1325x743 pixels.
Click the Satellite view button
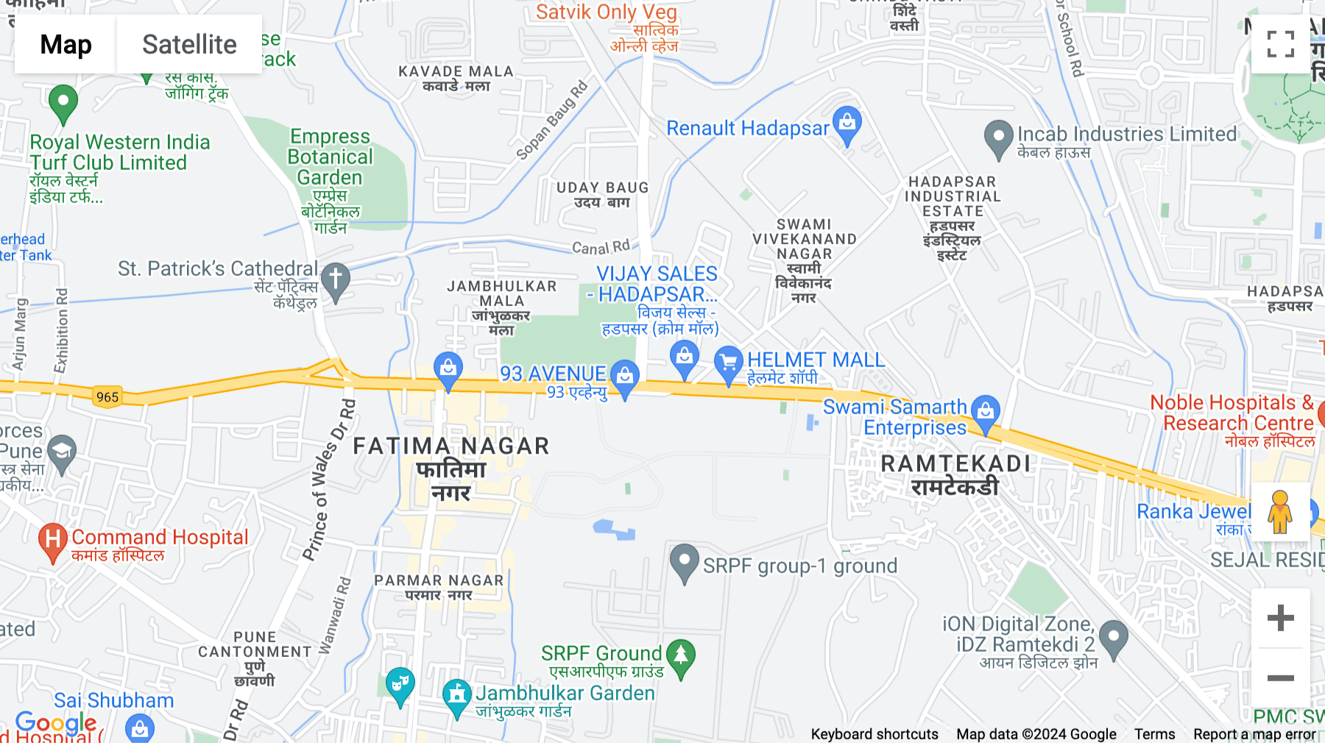[x=189, y=44]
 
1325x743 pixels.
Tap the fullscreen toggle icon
[x=1280, y=44]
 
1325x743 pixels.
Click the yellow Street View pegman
[x=1280, y=511]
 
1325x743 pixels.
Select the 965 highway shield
[x=107, y=397]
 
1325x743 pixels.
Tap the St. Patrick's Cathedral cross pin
[x=336, y=280]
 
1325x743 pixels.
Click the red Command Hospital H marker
[x=52, y=541]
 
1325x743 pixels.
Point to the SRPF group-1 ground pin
[x=684, y=562]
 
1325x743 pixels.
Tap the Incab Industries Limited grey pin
[x=998, y=138]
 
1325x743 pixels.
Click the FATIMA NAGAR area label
[x=451, y=446]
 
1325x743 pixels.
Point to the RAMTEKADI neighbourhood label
[x=955, y=463]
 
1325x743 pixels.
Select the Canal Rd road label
[x=601, y=247]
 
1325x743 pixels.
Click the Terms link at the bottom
[x=1154, y=733]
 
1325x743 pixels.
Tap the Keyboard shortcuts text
[x=875, y=733]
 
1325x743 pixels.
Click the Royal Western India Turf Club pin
[x=63, y=102]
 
